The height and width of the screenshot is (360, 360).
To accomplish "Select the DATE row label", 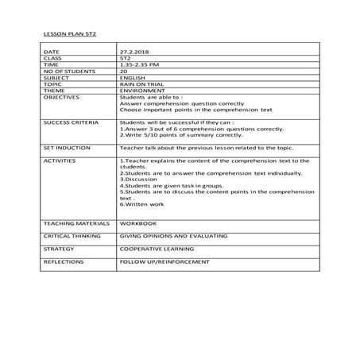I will pyautogui.click(x=52, y=52).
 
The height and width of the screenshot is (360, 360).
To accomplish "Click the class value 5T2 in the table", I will pyautogui.click(x=125, y=59).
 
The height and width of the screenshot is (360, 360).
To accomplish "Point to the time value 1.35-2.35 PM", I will pyautogui.click(x=137, y=65).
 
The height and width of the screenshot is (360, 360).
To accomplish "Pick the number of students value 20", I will pyautogui.click(x=122, y=72).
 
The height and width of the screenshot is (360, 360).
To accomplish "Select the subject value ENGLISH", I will pyautogui.click(x=130, y=78).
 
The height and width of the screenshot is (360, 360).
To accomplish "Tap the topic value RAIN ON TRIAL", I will pyautogui.click(x=138, y=84).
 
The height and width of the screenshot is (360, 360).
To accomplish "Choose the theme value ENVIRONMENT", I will pyautogui.click(x=141, y=91).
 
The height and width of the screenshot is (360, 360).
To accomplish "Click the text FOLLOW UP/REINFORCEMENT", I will pyautogui.click(x=164, y=261).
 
